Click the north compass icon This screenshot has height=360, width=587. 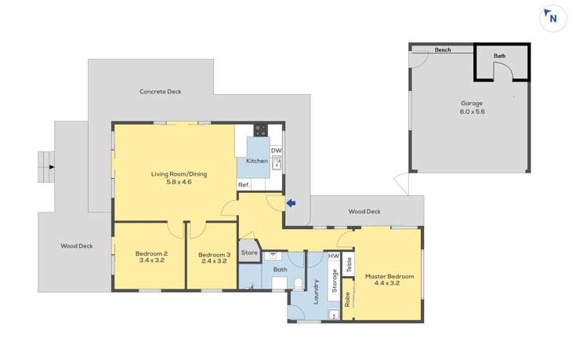point(553,18)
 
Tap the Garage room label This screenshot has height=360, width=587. point(472,107)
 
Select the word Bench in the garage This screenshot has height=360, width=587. point(443,50)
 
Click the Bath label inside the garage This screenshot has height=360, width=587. point(499,56)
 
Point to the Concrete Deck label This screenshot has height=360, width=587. point(160,92)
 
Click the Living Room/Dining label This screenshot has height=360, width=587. point(179,178)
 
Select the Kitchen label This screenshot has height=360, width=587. point(257,161)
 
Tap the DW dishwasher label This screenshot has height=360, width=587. point(276,151)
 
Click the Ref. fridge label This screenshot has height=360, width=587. point(244,185)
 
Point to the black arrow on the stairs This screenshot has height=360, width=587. point(52,166)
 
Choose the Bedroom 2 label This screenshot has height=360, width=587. point(150,257)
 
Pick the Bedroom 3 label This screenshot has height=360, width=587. point(212,257)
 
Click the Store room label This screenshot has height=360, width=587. point(249,253)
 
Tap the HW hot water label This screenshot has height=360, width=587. point(334,256)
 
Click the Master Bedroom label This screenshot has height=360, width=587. point(389,280)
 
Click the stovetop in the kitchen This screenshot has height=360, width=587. point(260,130)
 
